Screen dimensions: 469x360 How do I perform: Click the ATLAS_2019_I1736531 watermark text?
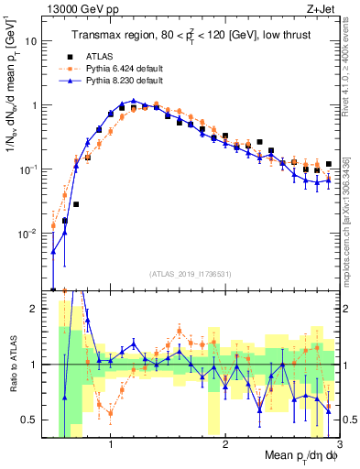[190, 274]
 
